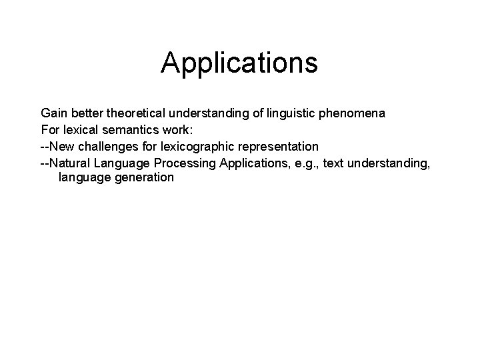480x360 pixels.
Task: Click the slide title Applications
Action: pos(239,63)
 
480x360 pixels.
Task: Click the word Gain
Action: pos(54,113)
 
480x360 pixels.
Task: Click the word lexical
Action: pos(79,129)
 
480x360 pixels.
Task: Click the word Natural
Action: pos(71,162)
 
